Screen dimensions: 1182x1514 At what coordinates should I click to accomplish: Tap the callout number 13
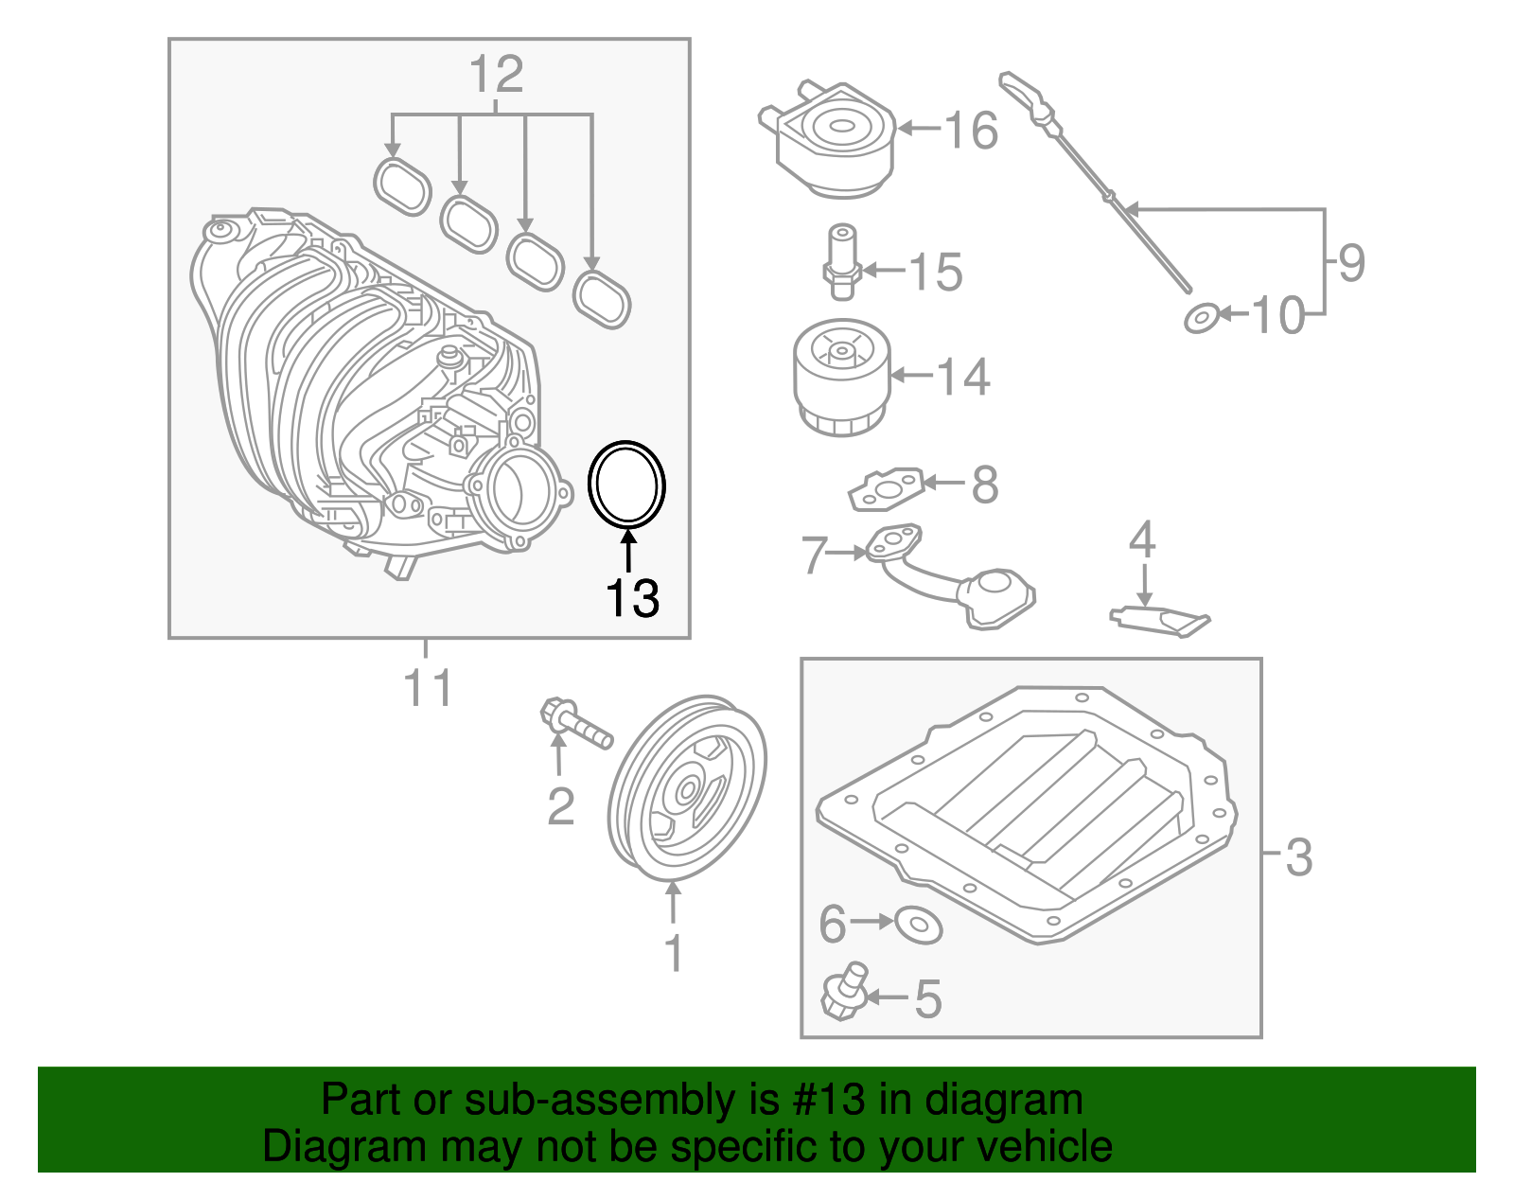(632, 598)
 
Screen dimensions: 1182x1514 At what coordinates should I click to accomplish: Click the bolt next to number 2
(575, 724)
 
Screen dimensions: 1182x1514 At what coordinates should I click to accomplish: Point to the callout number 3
(1298, 856)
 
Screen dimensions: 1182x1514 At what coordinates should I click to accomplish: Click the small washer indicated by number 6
(917, 923)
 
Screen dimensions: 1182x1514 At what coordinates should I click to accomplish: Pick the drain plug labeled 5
(843, 993)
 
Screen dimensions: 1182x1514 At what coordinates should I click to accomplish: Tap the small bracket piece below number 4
(1159, 620)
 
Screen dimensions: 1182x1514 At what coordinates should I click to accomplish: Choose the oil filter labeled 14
(840, 377)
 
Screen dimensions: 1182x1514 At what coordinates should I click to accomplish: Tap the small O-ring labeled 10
(1201, 318)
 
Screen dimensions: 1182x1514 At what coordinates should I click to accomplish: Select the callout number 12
(496, 74)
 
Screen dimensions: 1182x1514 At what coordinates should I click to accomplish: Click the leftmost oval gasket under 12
(402, 186)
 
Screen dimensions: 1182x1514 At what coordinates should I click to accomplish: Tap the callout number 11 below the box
(428, 689)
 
